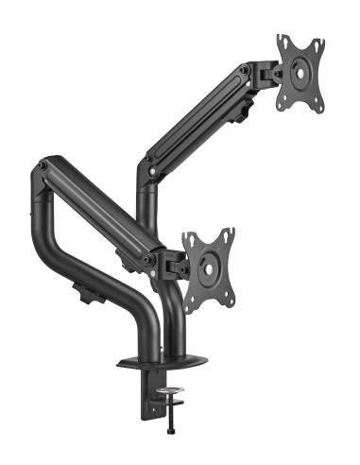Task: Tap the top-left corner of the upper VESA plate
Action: pyautogui.click(x=281, y=40)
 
